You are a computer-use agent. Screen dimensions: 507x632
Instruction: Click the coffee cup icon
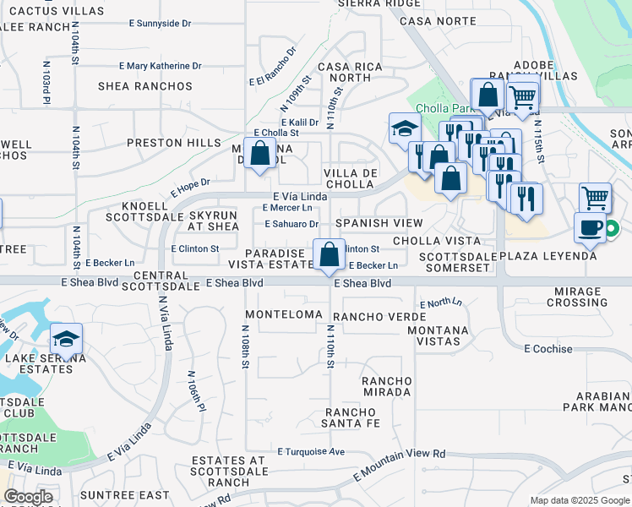coord(590,227)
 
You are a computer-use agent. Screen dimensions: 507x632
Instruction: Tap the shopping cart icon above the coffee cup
coord(595,198)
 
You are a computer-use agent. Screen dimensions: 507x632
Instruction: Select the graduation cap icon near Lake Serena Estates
coord(66,339)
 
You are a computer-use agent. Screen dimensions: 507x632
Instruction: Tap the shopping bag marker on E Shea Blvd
coord(328,253)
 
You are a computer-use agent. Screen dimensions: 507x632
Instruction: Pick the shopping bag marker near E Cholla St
coord(260,153)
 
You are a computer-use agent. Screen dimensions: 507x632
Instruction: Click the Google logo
coord(29,497)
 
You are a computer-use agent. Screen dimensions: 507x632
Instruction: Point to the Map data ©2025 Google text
coord(580,500)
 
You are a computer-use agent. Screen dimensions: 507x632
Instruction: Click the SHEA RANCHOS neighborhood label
coord(145,86)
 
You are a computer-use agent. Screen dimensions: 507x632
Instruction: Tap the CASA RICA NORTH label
coord(344,72)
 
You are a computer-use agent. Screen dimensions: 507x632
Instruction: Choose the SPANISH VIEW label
coord(379,224)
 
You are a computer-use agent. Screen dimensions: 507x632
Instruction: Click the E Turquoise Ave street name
coord(311,452)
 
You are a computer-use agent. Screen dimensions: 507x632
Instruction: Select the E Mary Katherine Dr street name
coord(161,65)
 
